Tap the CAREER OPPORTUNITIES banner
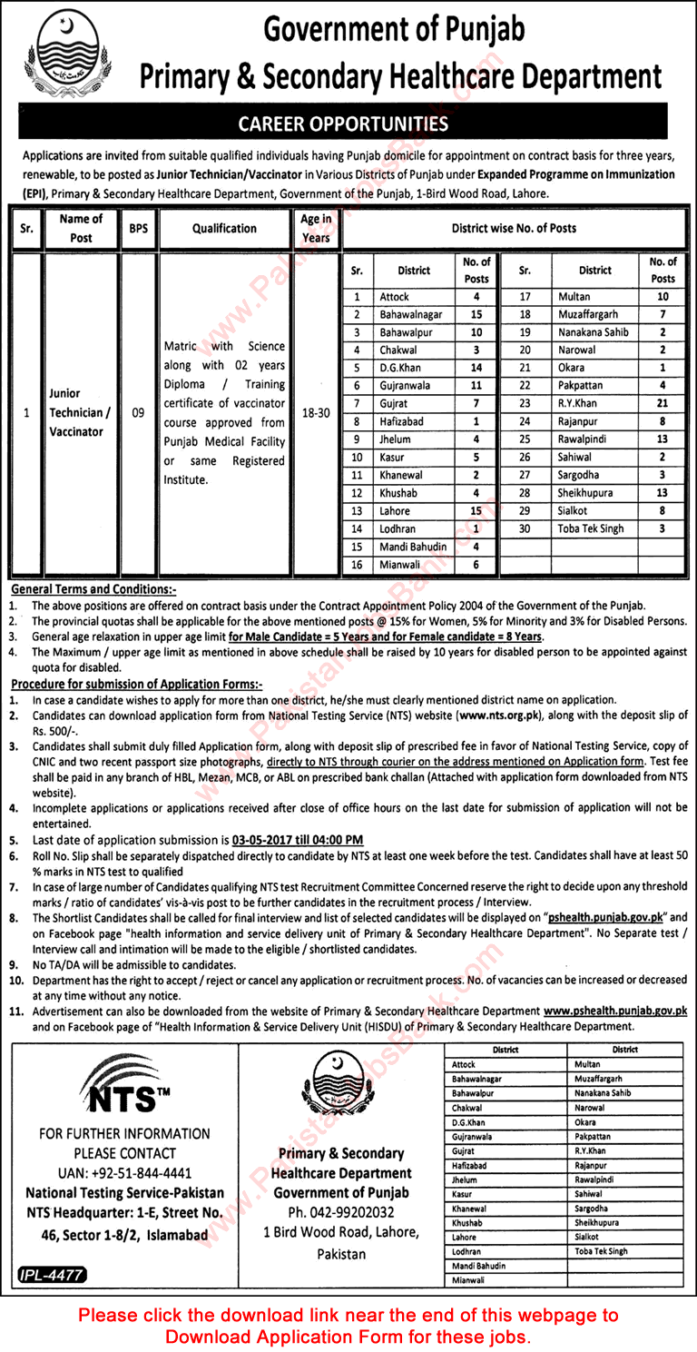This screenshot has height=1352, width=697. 348,123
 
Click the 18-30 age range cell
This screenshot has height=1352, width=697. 316,412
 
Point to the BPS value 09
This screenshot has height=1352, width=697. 138,412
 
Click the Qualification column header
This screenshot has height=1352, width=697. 224,229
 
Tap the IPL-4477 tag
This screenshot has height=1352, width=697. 52,1275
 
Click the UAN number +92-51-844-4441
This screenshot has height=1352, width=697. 116,1173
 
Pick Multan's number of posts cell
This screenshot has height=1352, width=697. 663,297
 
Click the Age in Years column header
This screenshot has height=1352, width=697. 316,229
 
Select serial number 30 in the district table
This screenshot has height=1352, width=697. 524,528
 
